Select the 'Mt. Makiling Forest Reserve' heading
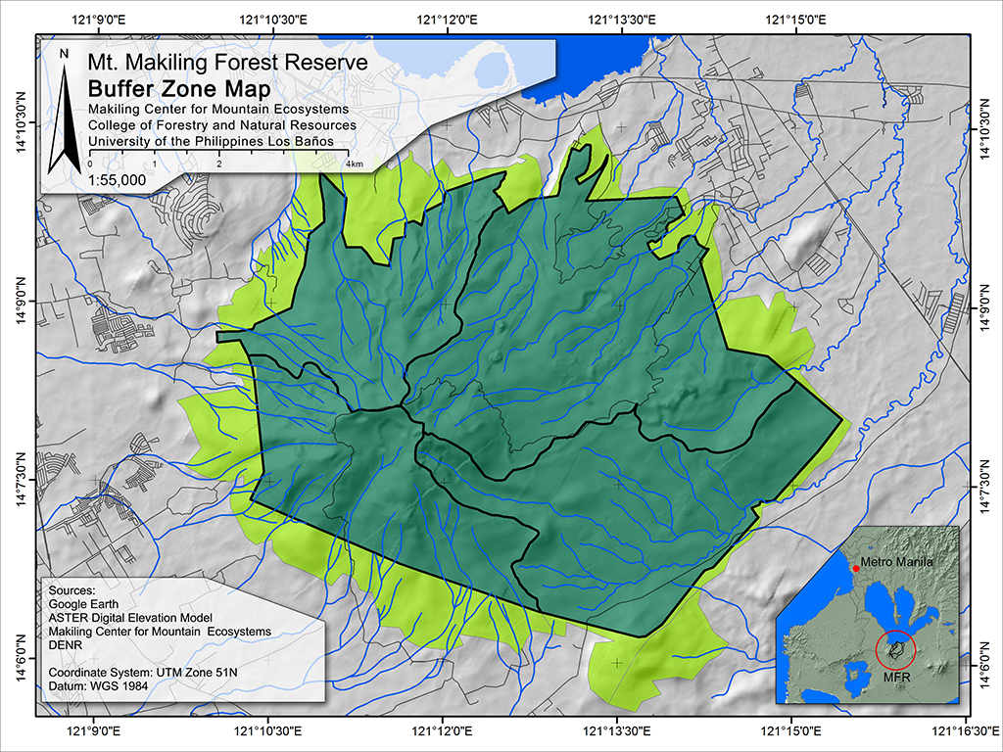(227, 63)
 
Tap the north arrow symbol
(64, 108)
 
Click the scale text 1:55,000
(117, 180)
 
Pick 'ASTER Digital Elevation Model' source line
(139, 619)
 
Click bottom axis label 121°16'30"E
(965, 730)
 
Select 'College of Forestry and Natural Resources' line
(221, 125)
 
